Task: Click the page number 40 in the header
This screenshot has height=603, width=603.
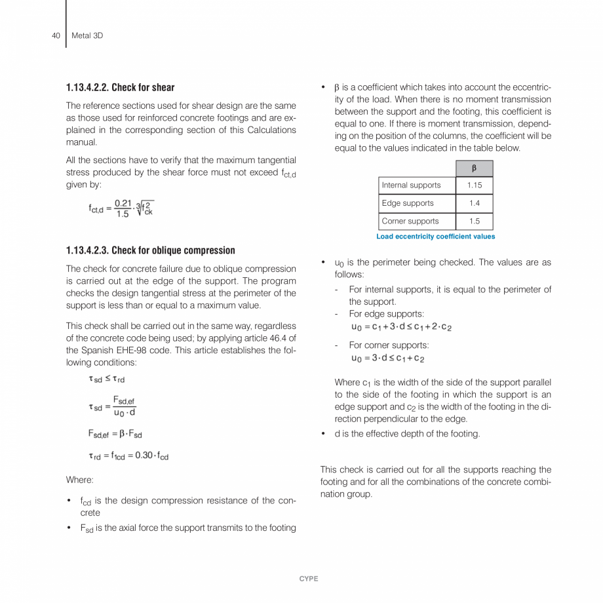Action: tap(56, 35)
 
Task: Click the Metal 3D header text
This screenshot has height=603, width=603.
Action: tap(87, 35)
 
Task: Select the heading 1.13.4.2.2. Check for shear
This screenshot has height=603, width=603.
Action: tap(120, 87)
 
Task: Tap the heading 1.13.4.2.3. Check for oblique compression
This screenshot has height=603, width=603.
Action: tap(150, 250)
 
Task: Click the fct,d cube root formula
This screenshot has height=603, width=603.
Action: tap(121, 208)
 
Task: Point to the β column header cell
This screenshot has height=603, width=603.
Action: tap(474, 168)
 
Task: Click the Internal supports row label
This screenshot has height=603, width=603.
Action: tap(412, 185)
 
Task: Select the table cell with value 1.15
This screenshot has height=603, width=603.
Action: tap(474, 185)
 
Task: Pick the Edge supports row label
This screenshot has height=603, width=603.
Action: tap(408, 203)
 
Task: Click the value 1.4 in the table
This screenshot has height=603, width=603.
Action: tap(474, 203)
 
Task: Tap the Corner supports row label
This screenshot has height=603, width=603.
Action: tap(410, 221)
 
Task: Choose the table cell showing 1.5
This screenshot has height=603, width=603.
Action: tap(474, 221)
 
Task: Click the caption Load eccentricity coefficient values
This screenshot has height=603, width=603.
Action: tap(435, 237)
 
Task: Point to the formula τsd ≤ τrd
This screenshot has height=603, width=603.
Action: tap(107, 379)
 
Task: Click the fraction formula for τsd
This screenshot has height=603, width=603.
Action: tap(113, 406)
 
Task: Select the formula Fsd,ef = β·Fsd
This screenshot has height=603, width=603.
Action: tap(115, 433)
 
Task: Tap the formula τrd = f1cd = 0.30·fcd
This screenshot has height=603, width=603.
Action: tap(128, 456)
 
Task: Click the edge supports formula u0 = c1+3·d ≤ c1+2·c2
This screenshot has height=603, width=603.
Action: tap(401, 326)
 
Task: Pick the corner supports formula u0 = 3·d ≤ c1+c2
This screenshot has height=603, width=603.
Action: tap(388, 358)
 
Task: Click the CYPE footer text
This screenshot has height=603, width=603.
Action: tap(308, 579)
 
